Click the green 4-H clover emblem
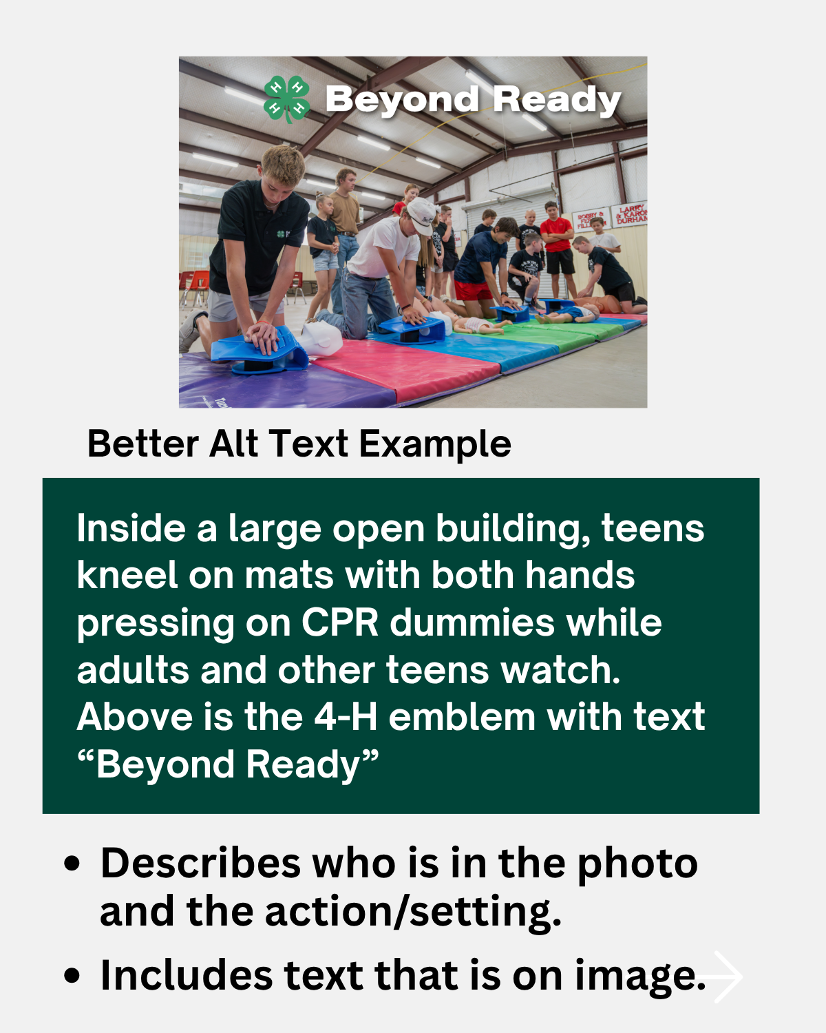287,99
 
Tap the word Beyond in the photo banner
402,101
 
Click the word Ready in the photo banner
557,101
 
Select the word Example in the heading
435,444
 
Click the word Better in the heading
143,444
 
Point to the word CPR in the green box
340,623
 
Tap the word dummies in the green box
472,623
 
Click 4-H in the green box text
346,717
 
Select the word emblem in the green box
463,717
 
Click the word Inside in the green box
130,529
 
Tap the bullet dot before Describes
72,864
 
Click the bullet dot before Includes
72,977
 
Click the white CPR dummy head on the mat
321,337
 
